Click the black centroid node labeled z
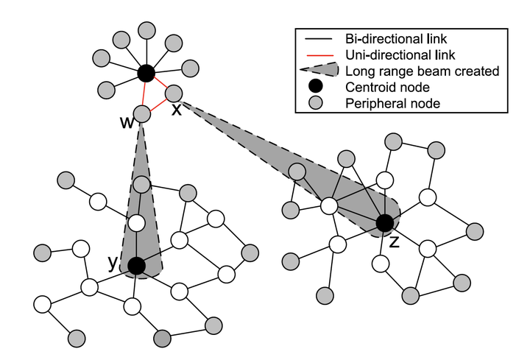pyautogui.click(x=384, y=223)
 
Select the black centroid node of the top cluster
pyautogui.click(x=146, y=73)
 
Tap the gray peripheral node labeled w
pyautogui.click(x=142, y=114)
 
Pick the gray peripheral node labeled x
pyautogui.click(x=174, y=93)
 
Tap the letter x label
pyautogui.click(x=177, y=110)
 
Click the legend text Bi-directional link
pyautogui.click(x=394, y=38)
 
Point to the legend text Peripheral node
pyautogui.click(x=392, y=104)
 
